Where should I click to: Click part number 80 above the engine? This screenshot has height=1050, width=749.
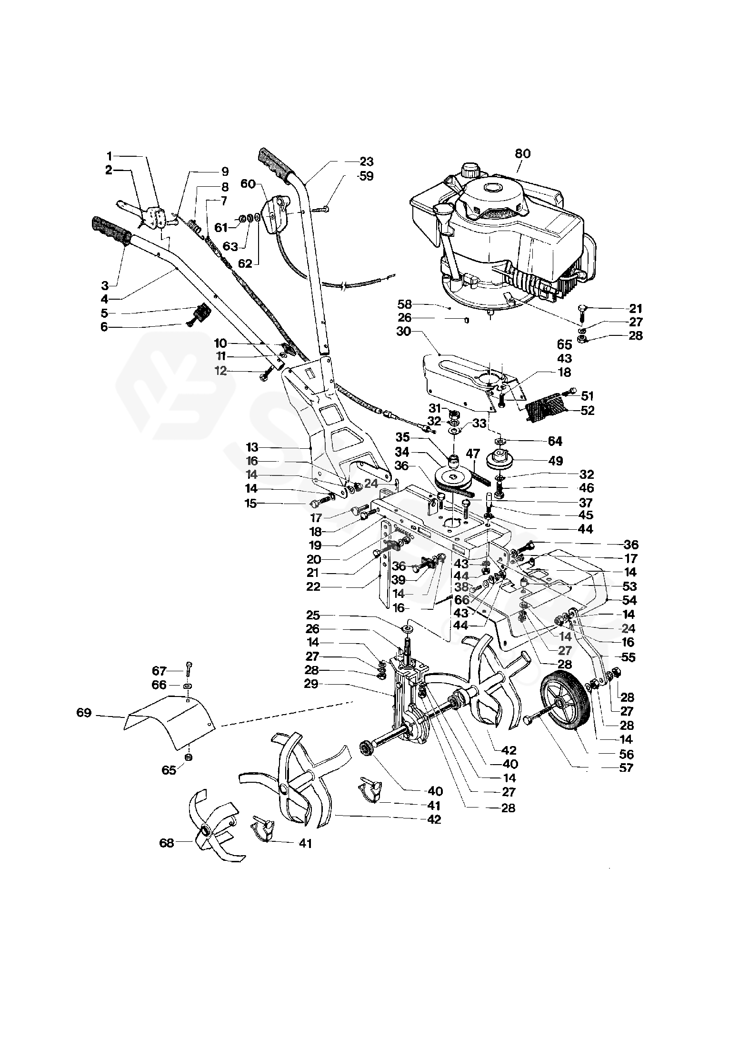click(x=522, y=154)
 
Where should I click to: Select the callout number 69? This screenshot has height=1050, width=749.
click(x=84, y=713)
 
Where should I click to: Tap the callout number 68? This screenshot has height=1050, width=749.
click(x=167, y=843)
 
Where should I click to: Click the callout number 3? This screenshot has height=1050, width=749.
click(x=105, y=285)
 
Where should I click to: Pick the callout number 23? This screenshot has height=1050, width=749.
click(x=367, y=161)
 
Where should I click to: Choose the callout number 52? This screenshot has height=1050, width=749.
click(x=588, y=410)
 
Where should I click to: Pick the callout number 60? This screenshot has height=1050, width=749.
click(x=248, y=184)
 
